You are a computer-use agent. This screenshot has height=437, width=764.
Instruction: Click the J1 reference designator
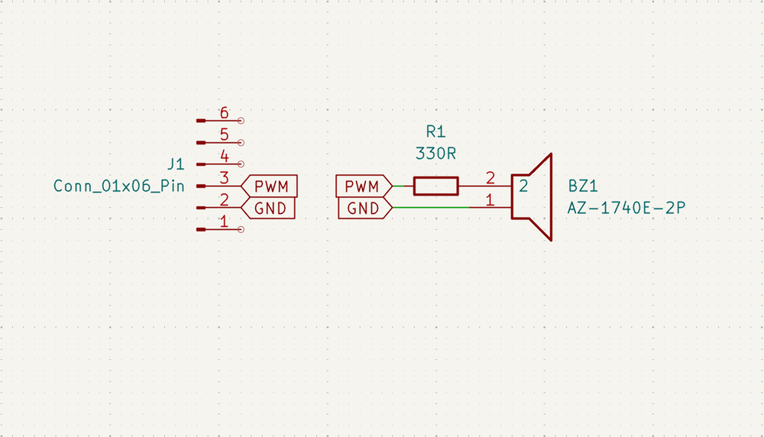pyautogui.click(x=176, y=164)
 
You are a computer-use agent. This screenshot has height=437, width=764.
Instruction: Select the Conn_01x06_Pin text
pyautogui.click(x=118, y=186)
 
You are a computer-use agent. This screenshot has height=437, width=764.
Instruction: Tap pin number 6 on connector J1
pyautogui.click(x=224, y=113)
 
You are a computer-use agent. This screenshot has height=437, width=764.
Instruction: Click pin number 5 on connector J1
pyautogui.click(x=224, y=134)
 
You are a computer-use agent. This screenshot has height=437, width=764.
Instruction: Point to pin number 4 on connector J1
pyautogui.click(x=224, y=157)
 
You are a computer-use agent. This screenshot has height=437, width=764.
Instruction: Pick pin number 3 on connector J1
pyautogui.click(x=224, y=178)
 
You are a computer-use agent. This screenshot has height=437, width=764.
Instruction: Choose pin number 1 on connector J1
pyautogui.click(x=224, y=222)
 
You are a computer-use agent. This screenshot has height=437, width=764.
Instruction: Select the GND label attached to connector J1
pyautogui.click(x=269, y=208)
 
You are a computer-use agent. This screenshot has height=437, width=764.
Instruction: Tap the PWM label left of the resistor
pyautogui.click(x=362, y=186)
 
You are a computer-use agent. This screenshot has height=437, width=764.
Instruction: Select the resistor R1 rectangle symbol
pyautogui.click(x=435, y=186)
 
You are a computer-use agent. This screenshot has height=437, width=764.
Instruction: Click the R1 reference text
pyautogui.click(x=435, y=131)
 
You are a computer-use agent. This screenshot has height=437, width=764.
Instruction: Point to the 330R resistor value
pyautogui.click(x=435, y=153)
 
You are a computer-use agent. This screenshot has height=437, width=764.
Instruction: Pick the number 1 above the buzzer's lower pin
pyautogui.click(x=490, y=200)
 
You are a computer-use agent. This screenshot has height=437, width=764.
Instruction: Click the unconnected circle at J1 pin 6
pyautogui.click(x=241, y=121)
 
